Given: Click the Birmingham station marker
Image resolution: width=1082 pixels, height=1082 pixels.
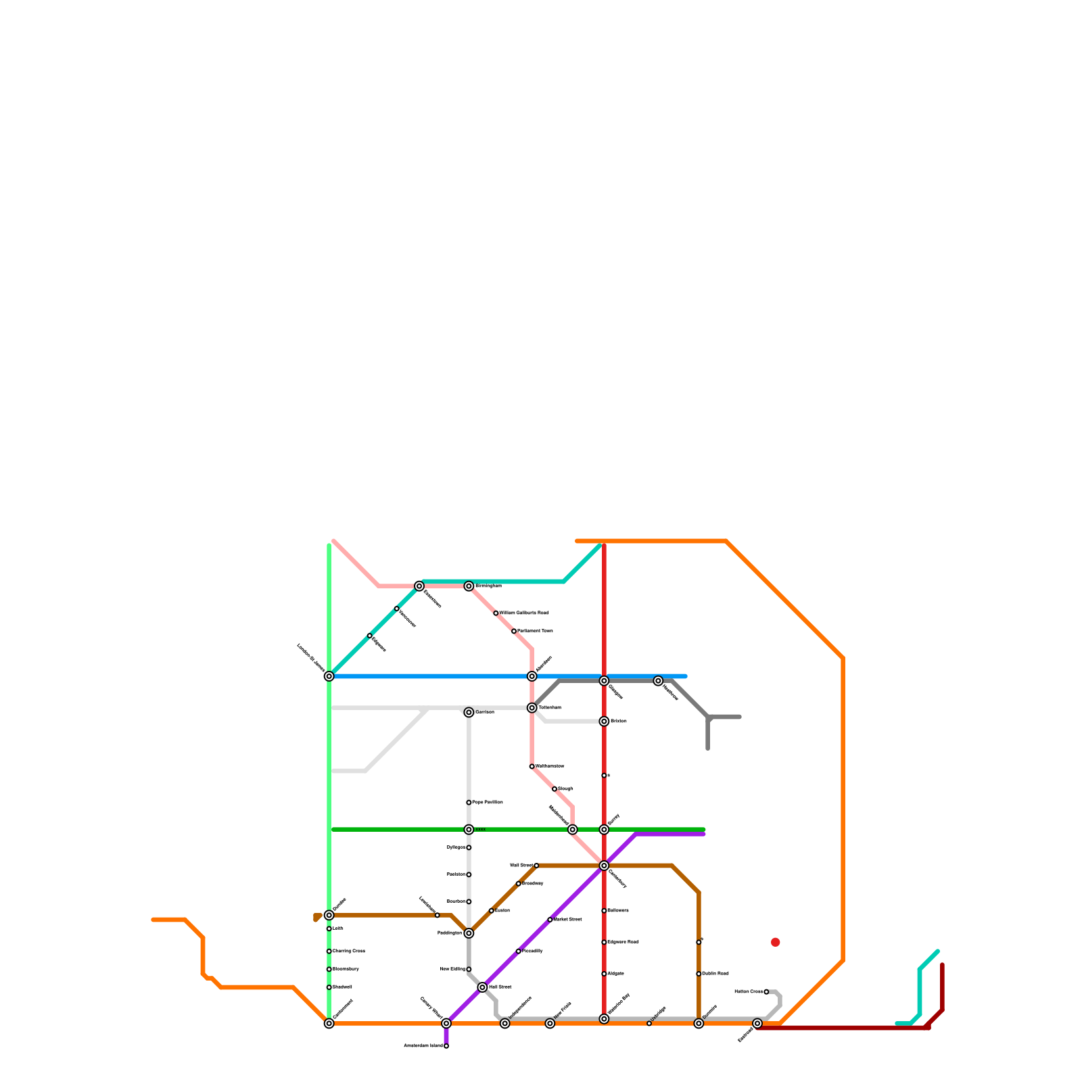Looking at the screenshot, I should click(469, 586).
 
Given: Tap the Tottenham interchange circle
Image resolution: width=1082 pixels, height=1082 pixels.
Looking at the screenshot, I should click(532, 708).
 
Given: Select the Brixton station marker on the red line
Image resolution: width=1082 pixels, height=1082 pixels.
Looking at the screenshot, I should click(604, 722).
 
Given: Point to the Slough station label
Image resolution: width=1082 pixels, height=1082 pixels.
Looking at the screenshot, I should click(565, 789).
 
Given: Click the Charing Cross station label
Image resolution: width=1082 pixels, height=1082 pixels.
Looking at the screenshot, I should click(349, 951).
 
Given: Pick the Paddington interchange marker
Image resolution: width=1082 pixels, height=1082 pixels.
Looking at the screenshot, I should click(469, 933).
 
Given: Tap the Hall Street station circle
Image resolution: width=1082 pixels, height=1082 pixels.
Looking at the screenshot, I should click(482, 987).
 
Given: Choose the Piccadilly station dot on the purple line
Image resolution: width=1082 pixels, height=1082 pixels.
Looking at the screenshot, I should click(519, 951).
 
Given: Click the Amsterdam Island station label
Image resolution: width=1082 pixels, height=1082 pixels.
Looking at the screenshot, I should click(423, 1046).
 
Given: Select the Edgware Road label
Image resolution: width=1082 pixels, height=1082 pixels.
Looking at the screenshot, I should click(624, 942).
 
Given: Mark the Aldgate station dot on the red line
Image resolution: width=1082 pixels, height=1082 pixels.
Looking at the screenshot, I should click(604, 974).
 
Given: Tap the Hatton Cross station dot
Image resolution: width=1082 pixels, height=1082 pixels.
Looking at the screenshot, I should click(766, 992).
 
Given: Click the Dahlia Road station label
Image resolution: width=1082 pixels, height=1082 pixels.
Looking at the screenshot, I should click(715, 974).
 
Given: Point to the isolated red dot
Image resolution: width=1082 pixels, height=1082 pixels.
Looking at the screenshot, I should click(776, 942).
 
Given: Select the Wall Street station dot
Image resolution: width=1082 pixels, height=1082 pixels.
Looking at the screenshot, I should click(536, 866).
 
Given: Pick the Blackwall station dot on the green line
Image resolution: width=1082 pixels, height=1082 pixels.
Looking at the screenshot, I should click(329, 987).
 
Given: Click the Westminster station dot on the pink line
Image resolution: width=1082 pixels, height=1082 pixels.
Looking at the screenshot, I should click(532, 766).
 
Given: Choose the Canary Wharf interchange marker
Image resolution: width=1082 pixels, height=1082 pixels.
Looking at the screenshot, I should click(446, 1023).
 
